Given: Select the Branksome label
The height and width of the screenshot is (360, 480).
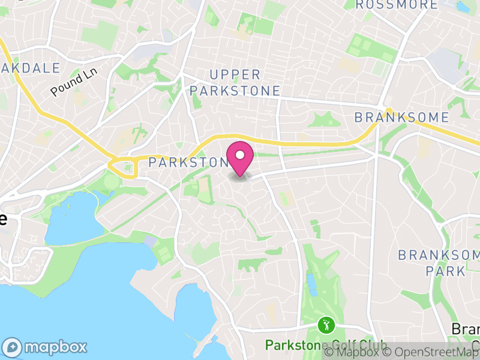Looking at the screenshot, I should tap(401, 117).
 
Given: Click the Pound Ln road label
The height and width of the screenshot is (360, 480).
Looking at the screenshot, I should tap(74, 83).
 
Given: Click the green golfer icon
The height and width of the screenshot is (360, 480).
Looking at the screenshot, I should tap(326, 326).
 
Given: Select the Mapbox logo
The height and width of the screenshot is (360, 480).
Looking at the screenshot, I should tap(45, 347).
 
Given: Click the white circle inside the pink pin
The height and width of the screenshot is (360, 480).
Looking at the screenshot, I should tap(240, 155).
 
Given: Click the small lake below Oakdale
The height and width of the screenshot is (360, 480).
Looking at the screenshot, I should tap(71, 221).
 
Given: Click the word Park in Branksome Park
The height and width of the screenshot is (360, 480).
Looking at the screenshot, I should tap(445, 271).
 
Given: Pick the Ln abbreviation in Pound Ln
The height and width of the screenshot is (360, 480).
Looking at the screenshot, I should tap(90, 74).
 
